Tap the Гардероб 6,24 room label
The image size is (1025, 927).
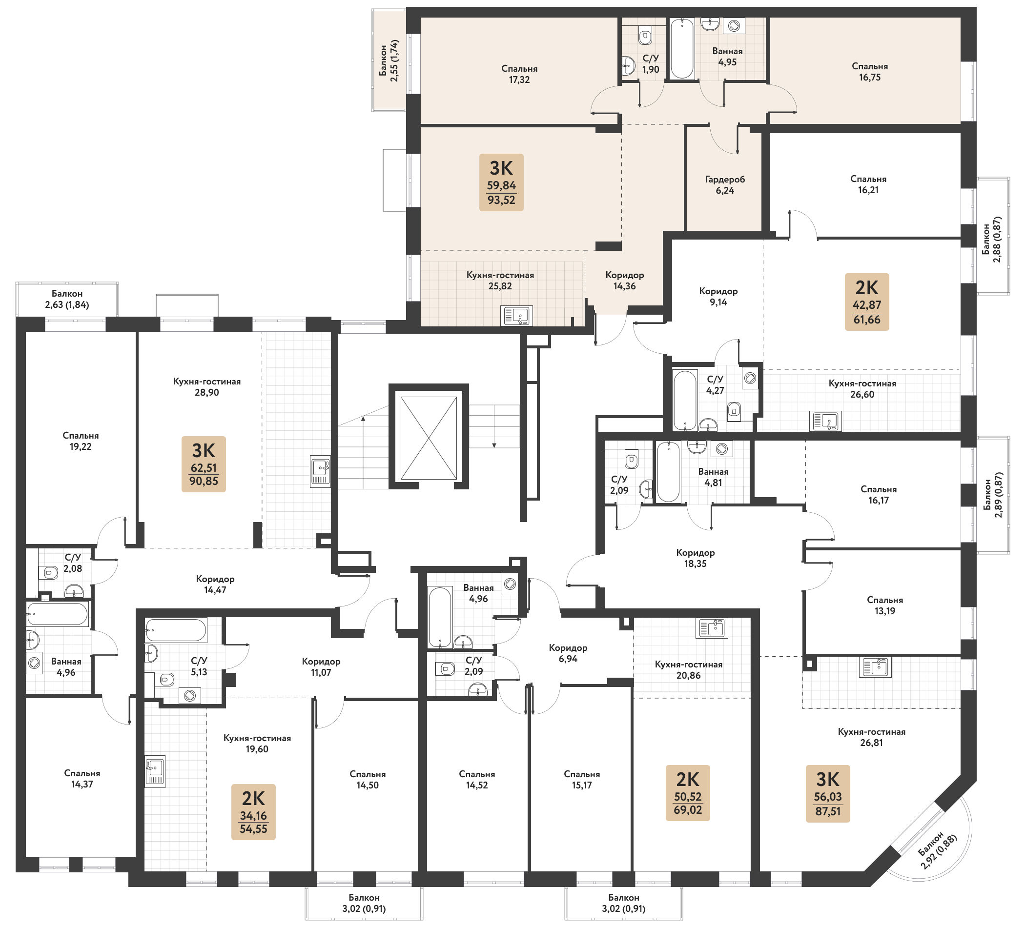724,185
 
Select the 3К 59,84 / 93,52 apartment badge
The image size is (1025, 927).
501,182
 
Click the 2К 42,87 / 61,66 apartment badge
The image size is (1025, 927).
867,302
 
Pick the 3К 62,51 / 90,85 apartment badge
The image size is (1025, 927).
204,464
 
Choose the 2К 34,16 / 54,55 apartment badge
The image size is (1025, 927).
253,812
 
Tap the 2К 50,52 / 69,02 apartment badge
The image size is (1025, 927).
688,793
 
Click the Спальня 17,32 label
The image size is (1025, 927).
519,74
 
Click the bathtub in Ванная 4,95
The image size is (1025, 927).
682,49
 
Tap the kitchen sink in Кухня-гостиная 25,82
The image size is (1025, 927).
516,316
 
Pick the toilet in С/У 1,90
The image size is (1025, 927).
645,36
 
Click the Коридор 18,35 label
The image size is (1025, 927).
695,558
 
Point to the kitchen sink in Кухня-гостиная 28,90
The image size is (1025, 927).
320,471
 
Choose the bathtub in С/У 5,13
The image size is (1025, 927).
176,631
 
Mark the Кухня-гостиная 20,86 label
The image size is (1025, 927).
688,670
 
